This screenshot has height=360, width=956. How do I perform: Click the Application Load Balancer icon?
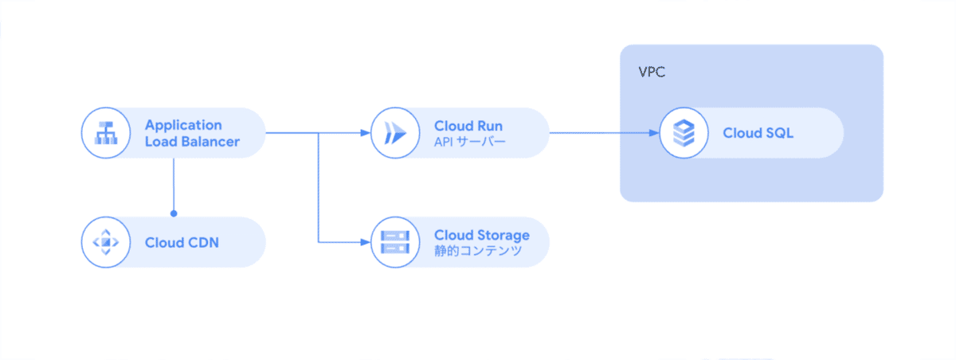105,133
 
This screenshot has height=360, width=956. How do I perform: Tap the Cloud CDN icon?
105,241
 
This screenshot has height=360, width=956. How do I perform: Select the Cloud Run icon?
394,133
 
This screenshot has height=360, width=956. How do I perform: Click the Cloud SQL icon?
684,133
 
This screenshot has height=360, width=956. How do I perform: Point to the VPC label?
652,72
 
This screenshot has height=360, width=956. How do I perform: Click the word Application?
183,125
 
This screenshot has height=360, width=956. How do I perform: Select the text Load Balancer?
192,142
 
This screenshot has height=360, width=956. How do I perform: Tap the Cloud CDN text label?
182,241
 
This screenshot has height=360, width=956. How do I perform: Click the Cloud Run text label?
468,125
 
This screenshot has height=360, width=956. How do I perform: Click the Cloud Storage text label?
481,234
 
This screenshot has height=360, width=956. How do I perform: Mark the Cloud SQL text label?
758,133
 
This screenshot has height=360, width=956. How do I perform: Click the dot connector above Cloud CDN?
173,213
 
